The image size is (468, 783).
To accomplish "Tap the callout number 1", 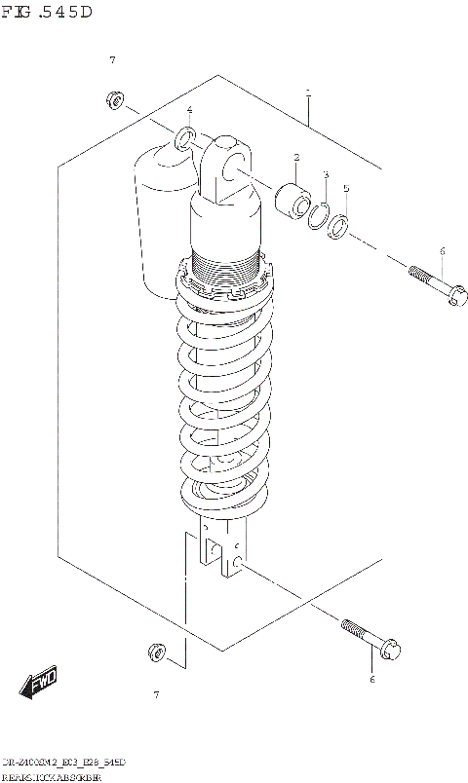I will pyautogui.click(x=307, y=94).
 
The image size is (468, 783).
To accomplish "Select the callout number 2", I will pyautogui.click(x=295, y=157).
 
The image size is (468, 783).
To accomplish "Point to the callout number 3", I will pyautogui.click(x=325, y=175).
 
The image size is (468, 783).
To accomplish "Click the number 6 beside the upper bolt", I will pyautogui.click(x=441, y=251).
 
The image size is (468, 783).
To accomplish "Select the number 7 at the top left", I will pyautogui.click(x=112, y=60).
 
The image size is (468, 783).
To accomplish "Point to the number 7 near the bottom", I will pyautogui.click(x=155, y=694).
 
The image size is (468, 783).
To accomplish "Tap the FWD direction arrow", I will pyautogui.click(x=40, y=686).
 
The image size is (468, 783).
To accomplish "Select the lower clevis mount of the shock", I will pyautogui.click(x=219, y=550).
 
